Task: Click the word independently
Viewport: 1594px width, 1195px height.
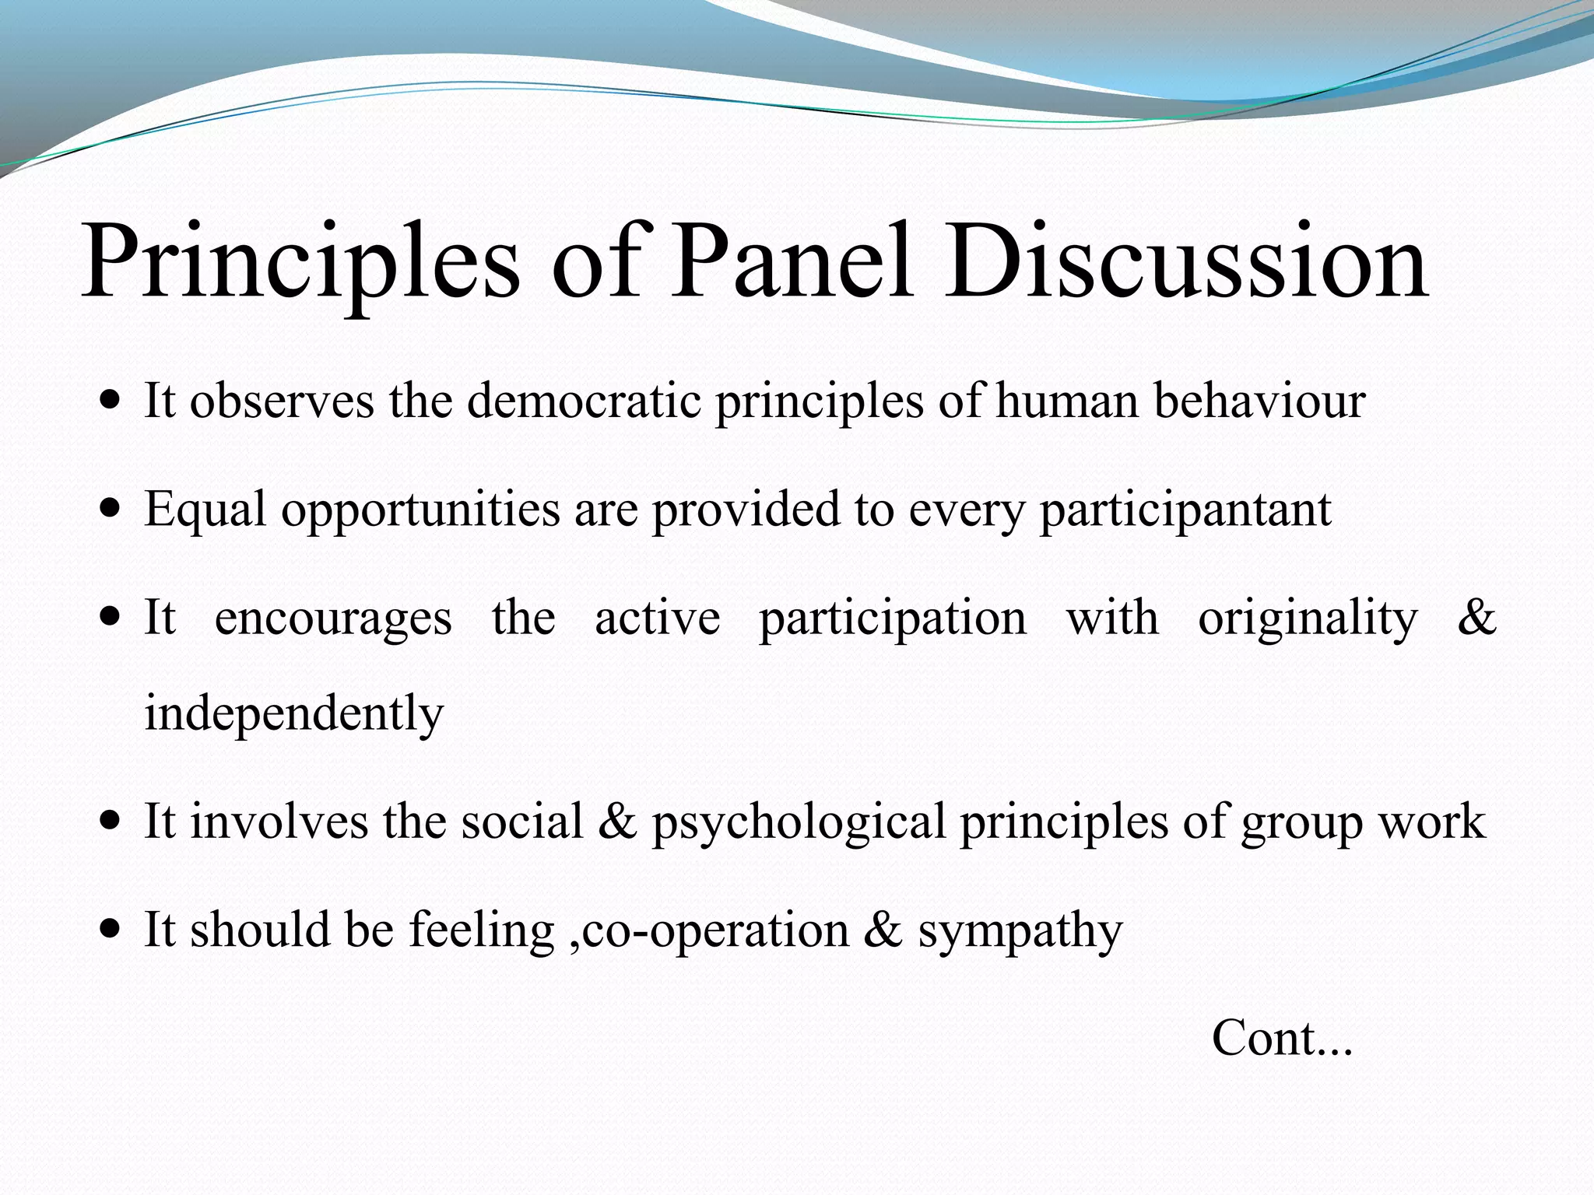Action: [293, 713]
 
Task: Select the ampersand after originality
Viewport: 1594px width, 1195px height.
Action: [1476, 619]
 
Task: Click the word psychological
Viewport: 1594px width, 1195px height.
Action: [798, 822]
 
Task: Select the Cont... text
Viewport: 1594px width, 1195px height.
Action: [1282, 1039]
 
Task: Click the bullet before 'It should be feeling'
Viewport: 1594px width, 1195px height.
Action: [111, 930]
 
